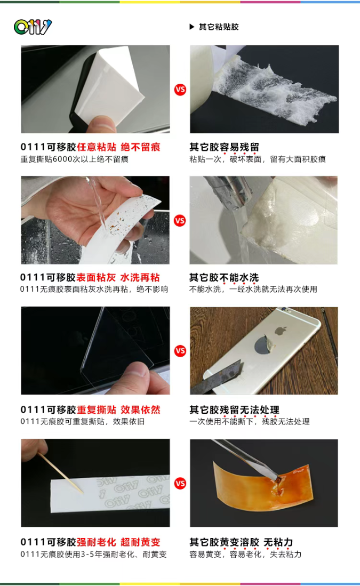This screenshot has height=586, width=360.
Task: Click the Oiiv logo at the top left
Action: (33, 27)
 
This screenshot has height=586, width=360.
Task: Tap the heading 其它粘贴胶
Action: (219, 27)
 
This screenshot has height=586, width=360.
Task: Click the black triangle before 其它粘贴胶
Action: (192, 27)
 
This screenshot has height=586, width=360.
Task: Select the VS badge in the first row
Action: (180, 90)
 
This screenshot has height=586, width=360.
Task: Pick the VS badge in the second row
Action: (180, 221)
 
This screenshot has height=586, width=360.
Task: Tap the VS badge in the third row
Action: (180, 351)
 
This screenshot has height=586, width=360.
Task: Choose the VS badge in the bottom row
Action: (180, 483)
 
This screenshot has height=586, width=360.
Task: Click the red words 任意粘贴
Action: (97, 147)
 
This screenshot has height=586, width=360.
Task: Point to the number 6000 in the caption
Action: (62, 159)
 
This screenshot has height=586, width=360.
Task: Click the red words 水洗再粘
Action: (140, 277)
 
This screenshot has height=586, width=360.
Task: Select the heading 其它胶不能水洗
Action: (224, 277)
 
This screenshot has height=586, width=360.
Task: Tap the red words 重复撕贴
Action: (97, 410)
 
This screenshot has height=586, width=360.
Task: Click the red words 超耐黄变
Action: (140, 542)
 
